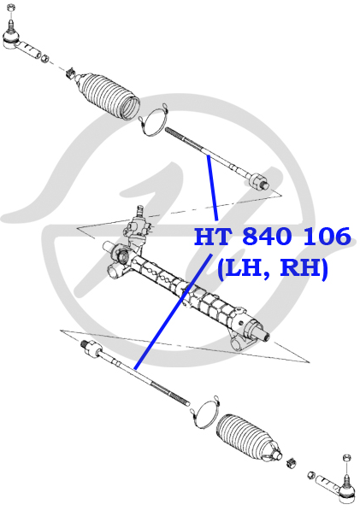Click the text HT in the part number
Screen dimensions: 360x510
(214, 237)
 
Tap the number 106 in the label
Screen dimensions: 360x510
(328, 237)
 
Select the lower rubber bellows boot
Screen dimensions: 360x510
(249, 437)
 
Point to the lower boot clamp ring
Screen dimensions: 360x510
(205, 413)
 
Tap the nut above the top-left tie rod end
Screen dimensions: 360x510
(11, 9)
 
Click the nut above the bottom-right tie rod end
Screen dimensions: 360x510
(346, 459)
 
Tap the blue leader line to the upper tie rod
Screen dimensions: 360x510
(212, 188)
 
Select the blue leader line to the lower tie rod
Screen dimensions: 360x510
(174, 312)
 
